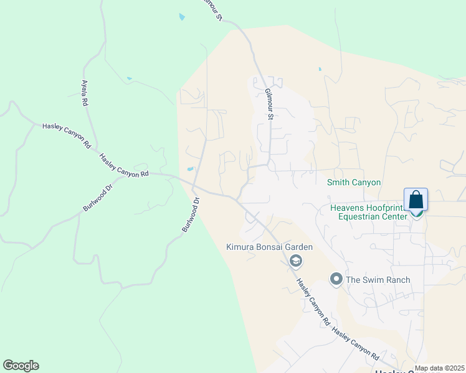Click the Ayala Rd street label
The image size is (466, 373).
pyautogui.click(x=84, y=93)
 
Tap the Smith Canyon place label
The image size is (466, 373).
pyautogui.click(x=354, y=182)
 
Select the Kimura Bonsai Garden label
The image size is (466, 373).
pyautogui.click(x=269, y=247)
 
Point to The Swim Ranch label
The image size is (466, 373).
pyautogui.click(x=378, y=280)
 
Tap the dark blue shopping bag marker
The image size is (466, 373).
pyautogui.click(x=416, y=200)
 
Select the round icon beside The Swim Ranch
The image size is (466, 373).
pyautogui.click(x=337, y=279)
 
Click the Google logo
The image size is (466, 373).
pyautogui.click(x=21, y=366)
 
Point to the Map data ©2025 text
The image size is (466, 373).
pyautogui.click(x=439, y=369)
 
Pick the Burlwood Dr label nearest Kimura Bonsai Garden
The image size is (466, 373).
pyautogui.click(x=190, y=215)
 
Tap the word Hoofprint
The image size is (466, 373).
pyautogui.click(x=386, y=207)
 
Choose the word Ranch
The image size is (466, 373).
pyautogui.click(x=396, y=280)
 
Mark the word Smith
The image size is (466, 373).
pyautogui.click(x=339, y=182)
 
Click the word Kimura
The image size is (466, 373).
pyautogui.click(x=240, y=247)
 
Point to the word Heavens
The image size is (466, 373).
pyautogui.click(x=347, y=207)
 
